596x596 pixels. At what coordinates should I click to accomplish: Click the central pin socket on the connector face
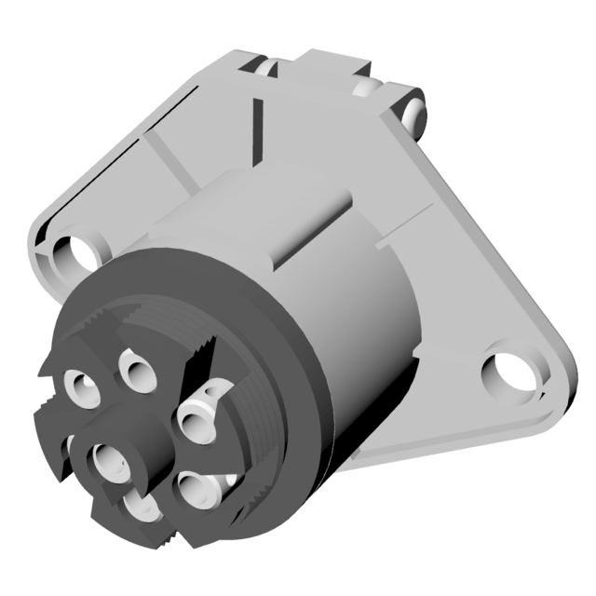[113, 457]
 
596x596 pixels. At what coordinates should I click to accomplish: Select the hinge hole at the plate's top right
[414, 110]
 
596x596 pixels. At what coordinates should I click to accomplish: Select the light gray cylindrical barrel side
[363, 326]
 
